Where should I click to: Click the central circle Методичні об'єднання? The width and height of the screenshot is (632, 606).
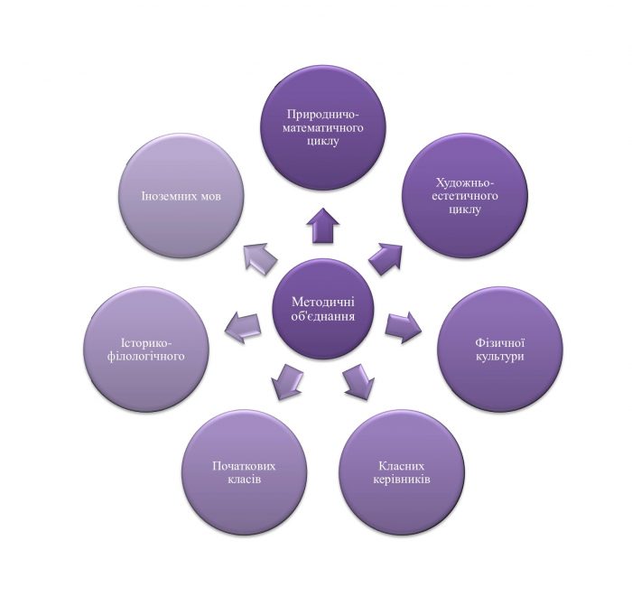point(322,310)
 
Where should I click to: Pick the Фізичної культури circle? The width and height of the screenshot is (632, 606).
point(499,349)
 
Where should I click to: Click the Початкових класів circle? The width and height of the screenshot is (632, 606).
point(244,471)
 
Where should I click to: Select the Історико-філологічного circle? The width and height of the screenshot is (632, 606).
point(146,349)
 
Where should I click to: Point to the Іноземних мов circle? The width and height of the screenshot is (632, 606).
point(182,197)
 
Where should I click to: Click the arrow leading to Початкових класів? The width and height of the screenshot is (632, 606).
point(286,381)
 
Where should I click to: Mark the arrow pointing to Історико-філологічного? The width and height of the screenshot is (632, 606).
point(242,326)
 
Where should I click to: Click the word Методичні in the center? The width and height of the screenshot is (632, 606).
point(323,302)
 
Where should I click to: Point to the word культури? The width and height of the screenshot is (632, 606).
point(499,357)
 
